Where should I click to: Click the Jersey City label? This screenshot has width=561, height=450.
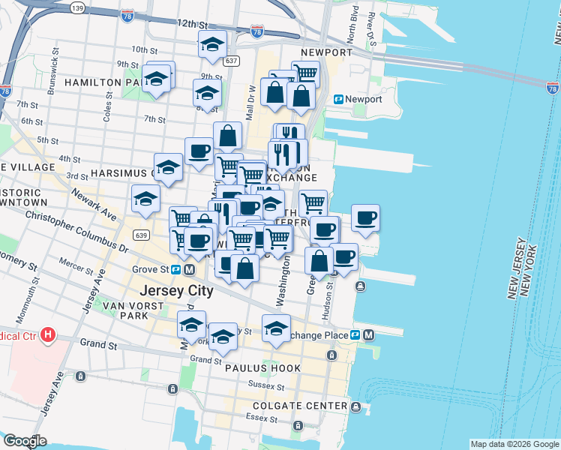coord(175,289)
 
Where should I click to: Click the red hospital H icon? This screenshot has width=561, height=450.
coord(49,333)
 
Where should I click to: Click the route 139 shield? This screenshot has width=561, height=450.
coord(76,7)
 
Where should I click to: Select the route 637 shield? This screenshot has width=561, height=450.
coord(232,60)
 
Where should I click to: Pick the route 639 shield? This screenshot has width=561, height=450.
coord(141,235)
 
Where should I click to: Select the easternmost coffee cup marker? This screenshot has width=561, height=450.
coord(365,217)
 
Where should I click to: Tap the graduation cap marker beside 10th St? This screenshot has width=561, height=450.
coord(213,44)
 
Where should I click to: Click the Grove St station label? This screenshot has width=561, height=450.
coord(151,269)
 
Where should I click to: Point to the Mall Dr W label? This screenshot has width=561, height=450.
coord(252,94)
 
